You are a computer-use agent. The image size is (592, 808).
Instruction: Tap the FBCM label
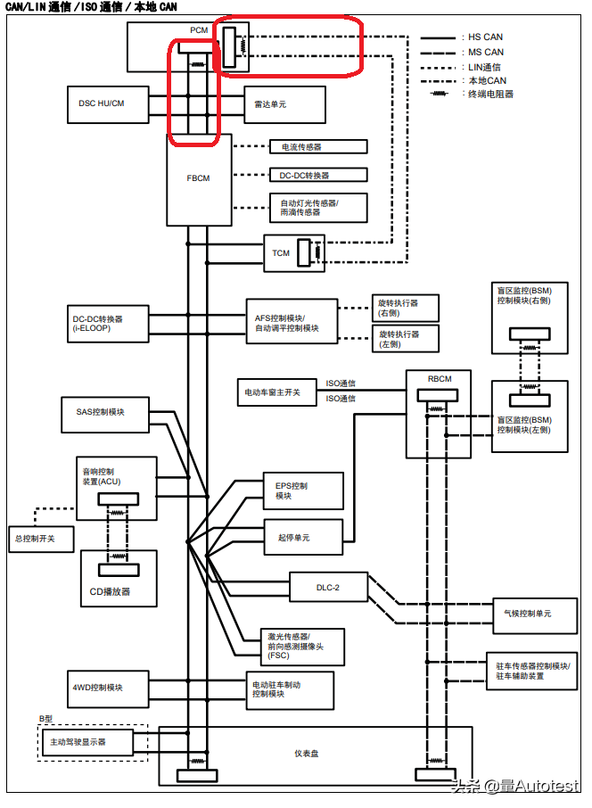point(198,178)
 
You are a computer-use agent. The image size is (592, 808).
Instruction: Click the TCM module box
point(282,253)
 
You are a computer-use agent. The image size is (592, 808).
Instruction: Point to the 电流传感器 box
point(318,146)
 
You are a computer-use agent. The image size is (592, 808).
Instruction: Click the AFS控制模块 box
point(292,322)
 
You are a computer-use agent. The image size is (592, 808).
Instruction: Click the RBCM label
point(440,379)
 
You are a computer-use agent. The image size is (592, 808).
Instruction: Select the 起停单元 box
point(303,537)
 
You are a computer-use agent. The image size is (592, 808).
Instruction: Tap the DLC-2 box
point(329,586)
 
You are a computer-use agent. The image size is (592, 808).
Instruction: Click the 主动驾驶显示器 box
point(86,741)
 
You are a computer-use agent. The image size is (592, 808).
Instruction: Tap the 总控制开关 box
point(37,539)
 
